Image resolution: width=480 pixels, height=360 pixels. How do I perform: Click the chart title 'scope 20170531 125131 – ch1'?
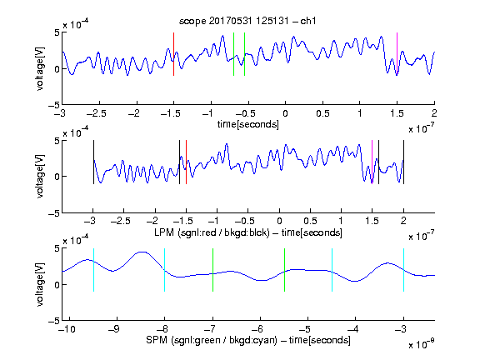click(x=247, y=21)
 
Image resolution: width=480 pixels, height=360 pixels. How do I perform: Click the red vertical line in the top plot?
click(x=173, y=54)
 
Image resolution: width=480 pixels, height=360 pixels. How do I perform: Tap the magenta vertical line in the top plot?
click(x=397, y=54)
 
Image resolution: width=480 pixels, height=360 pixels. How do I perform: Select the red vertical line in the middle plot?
click(x=186, y=162)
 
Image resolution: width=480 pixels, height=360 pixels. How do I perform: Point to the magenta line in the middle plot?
click(x=372, y=162)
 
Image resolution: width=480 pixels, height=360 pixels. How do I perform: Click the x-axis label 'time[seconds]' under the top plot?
click(x=248, y=124)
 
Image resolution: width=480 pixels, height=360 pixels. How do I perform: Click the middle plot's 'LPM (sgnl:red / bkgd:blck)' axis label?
click(x=212, y=232)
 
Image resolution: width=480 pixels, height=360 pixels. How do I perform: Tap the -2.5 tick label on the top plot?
click(x=96, y=113)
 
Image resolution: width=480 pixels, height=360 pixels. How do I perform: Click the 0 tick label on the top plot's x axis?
click(x=285, y=113)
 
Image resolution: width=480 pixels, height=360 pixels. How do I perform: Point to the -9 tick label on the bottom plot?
click(x=114, y=329)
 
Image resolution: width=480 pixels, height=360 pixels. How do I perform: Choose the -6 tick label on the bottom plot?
click(x=257, y=329)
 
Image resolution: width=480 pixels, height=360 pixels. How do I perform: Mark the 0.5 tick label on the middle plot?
click(x=310, y=221)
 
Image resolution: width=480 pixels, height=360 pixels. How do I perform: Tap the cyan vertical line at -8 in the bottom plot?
click(x=164, y=270)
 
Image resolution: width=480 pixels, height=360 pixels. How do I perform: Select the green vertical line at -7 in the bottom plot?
click(x=212, y=270)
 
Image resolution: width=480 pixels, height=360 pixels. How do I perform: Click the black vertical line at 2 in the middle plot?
click(x=403, y=162)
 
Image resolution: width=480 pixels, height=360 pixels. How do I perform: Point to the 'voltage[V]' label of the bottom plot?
click(x=40, y=284)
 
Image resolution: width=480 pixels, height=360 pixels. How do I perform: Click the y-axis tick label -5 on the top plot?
click(x=53, y=105)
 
